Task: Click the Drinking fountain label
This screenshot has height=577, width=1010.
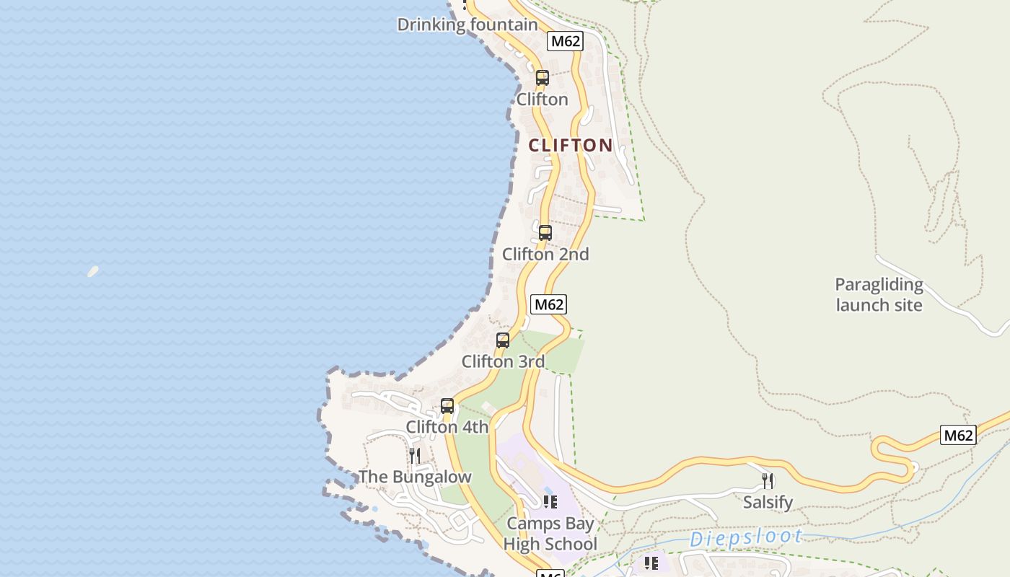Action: pos(467,25)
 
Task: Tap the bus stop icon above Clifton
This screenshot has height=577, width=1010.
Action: pos(542,78)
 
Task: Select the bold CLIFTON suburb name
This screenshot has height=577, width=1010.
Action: pos(571,145)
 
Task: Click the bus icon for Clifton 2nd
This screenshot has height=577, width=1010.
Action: pos(545,233)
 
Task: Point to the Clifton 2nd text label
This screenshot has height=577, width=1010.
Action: pos(545,254)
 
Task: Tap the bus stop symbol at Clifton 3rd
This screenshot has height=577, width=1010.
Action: pos(503,340)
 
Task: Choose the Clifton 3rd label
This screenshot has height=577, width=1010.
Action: pos(503,361)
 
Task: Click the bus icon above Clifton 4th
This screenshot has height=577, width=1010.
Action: pos(447,406)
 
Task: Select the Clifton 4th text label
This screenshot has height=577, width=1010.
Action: pos(447,427)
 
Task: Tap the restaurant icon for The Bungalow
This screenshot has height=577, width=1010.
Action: pos(415,455)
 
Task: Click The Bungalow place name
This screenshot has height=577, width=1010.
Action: pos(415,477)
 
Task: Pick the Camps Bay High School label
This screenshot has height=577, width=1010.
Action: pos(550,534)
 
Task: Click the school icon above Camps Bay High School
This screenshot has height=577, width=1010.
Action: pos(550,502)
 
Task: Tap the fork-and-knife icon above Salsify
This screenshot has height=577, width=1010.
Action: pos(768,480)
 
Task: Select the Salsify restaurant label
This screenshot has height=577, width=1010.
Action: pos(768,502)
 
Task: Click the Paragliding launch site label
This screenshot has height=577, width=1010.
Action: pos(879,294)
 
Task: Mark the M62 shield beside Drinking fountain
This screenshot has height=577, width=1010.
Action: pos(565,41)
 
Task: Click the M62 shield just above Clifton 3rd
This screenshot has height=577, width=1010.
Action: pos(548,304)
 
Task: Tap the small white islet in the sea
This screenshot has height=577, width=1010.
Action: pos(93,271)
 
